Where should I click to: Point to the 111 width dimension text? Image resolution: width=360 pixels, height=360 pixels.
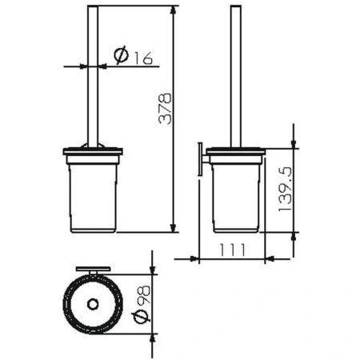[x=232, y=249]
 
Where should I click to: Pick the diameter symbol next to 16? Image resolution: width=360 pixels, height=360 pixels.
[x=122, y=55]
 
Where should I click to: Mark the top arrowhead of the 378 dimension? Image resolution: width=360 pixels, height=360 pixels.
[x=173, y=10]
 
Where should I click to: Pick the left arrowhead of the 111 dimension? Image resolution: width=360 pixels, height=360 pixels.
[x=198, y=258]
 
